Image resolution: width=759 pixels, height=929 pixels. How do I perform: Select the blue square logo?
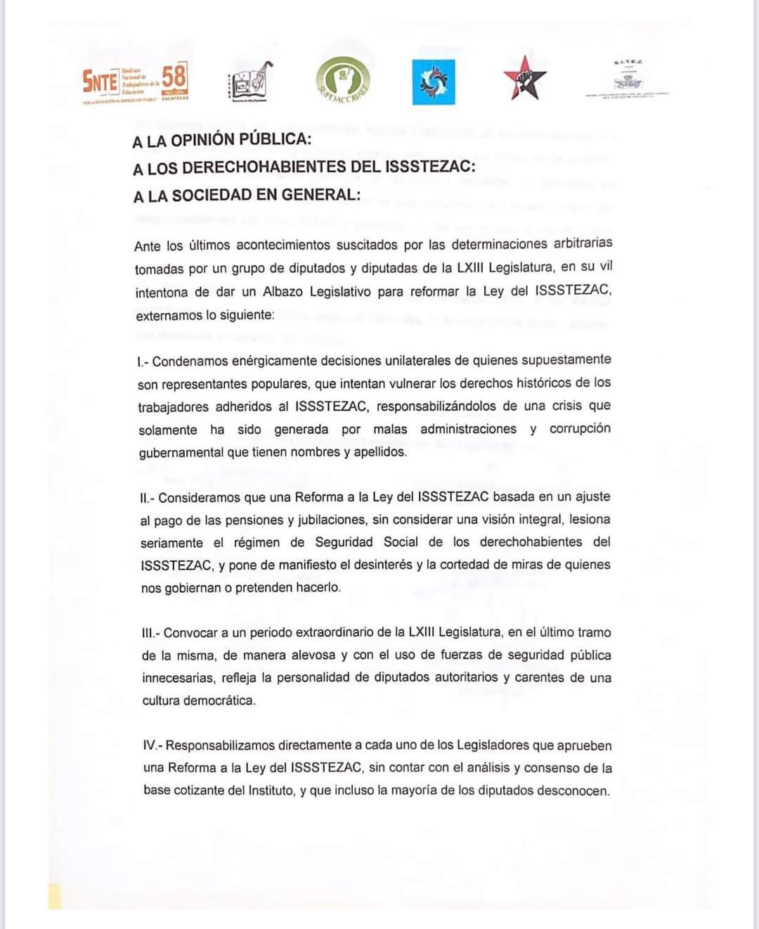pos(433,82)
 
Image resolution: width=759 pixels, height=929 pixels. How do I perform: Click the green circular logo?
pos(342,80)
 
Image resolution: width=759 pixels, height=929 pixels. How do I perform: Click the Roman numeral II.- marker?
pos(147,498)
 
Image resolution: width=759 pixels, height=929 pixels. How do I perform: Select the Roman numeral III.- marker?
pos(150,633)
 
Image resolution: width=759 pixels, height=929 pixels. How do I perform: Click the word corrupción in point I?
pos(580,428)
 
